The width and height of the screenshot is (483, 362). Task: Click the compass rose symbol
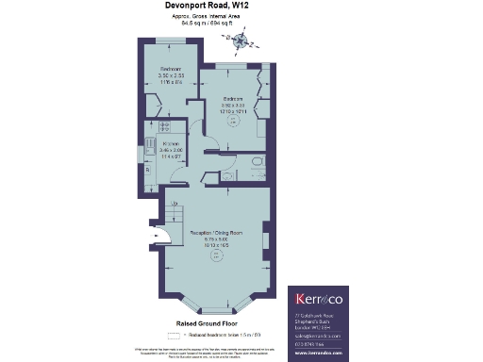coord(235,38)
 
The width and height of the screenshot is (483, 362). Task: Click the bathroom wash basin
coord(242,162)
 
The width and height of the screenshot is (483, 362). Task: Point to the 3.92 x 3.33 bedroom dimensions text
coord(233,106)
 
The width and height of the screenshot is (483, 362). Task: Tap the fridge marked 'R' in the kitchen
coord(147,170)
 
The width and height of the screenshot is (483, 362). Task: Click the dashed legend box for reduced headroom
coord(173,336)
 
